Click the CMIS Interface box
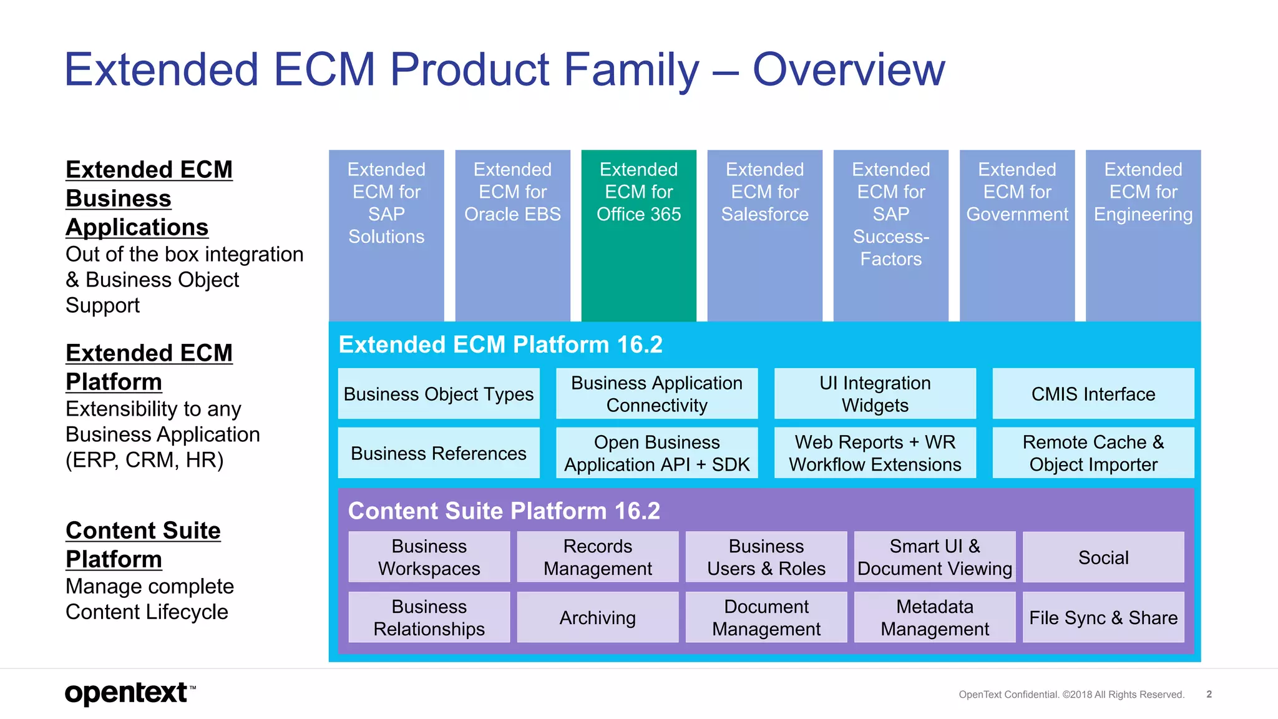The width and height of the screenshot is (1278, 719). click(x=1093, y=394)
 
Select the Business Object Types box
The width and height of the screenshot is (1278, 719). click(x=439, y=394)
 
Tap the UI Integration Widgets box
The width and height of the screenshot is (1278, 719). click(x=875, y=394)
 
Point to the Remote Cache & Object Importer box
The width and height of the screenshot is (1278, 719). click(x=1093, y=453)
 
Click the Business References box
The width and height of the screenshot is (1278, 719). click(x=439, y=453)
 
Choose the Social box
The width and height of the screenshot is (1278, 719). click(x=1103, y=557)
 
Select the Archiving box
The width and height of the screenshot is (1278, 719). click(x=597, y=617)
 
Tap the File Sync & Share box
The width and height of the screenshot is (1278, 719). click(x=1103, y=617)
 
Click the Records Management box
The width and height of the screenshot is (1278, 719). click(x=597, y=557)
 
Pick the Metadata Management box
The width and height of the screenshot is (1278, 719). click(x=934, y=617)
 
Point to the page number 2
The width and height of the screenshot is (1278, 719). click(x=1209, y=694)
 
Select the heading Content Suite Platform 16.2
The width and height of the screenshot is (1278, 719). click(x=504, y=511)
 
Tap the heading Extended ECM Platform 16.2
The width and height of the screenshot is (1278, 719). click(x=500, y=345)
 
